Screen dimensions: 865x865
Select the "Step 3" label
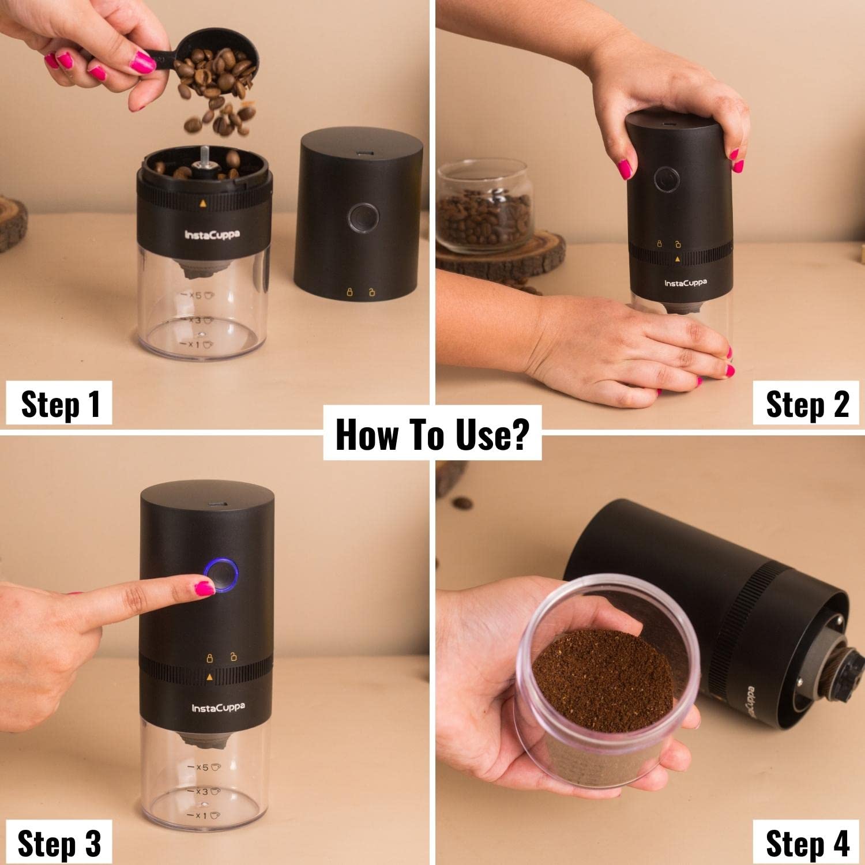coord(59,843)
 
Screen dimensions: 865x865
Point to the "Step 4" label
coord(807,843)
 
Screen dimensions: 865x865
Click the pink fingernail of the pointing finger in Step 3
coord(204,588)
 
